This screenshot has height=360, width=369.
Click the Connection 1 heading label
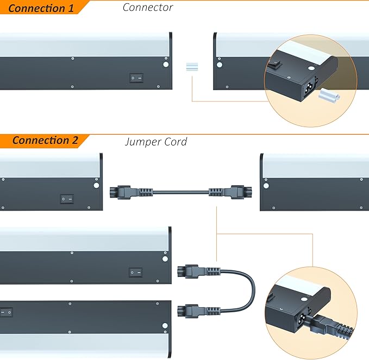(x=41, y=8)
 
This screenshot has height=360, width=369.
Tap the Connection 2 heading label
(x=45, y=141)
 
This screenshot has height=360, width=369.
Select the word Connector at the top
(x=147, y=7)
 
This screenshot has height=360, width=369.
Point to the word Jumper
(x=143, y=142)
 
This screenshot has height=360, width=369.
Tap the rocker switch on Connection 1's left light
(x=136, y=78)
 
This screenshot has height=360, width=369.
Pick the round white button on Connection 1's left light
(x=166, y=65)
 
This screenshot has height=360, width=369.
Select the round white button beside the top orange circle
(x=220, y=65)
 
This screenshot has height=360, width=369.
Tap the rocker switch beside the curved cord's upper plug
(x=135, y=270)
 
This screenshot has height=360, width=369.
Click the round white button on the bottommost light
(x=165, y=326)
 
